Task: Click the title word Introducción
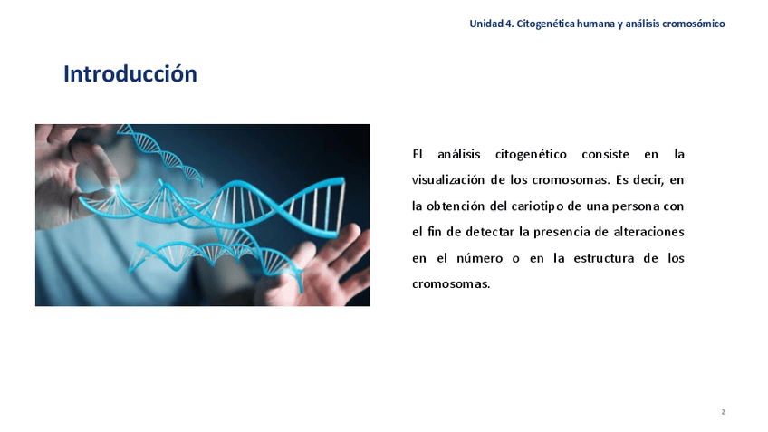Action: (130, 74)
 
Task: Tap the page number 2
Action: (723, 412)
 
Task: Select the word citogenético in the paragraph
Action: (531, 155)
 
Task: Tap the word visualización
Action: (447, 179)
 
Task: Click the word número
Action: (479, 258)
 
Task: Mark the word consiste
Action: (605, 154)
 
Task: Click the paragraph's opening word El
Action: (418, 154)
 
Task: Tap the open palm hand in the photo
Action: (323, 267)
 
